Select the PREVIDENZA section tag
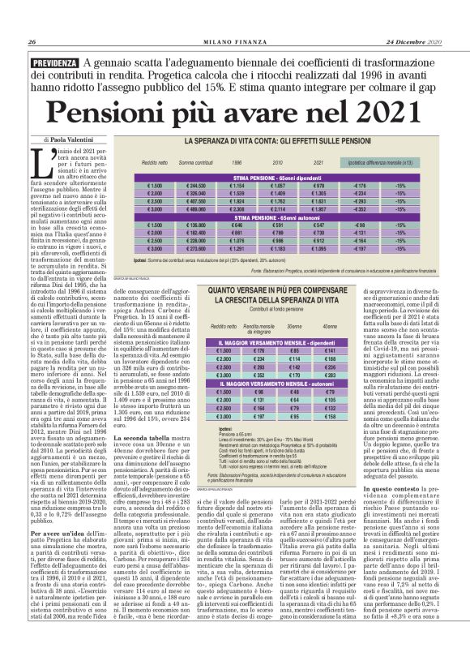[x=55, y=62]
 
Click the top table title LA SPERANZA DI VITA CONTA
[x=286, y=142]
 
